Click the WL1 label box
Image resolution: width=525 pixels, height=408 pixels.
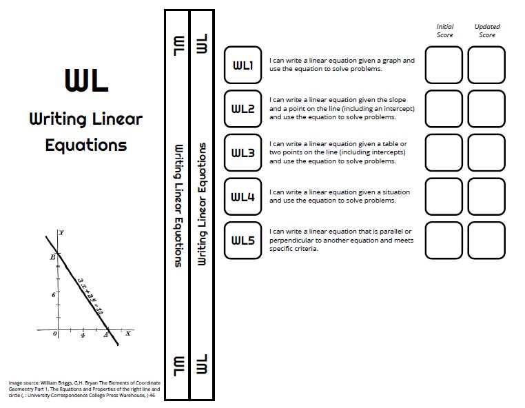243,65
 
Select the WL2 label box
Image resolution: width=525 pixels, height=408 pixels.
243,109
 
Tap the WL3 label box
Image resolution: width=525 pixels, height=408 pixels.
243,153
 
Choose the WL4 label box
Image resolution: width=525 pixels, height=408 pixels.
243,197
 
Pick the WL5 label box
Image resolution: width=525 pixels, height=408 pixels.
243,241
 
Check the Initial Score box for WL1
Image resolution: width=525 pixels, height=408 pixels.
444,65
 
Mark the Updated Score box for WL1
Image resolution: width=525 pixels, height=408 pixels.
486,65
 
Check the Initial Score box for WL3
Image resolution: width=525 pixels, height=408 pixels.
444,153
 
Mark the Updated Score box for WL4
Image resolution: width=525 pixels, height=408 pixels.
486,197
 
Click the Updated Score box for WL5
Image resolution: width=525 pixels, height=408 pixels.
486,241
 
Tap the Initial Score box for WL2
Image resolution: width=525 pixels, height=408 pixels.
444,109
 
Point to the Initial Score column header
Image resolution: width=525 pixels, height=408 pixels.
445,31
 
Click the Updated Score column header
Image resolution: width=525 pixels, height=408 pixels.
487,31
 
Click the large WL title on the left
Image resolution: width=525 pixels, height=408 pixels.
86,80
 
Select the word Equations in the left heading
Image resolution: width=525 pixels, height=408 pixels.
86,145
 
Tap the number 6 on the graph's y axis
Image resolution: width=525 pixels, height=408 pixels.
53,294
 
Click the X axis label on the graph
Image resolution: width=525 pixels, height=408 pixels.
128,333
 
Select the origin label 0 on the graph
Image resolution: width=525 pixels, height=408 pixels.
55,335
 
